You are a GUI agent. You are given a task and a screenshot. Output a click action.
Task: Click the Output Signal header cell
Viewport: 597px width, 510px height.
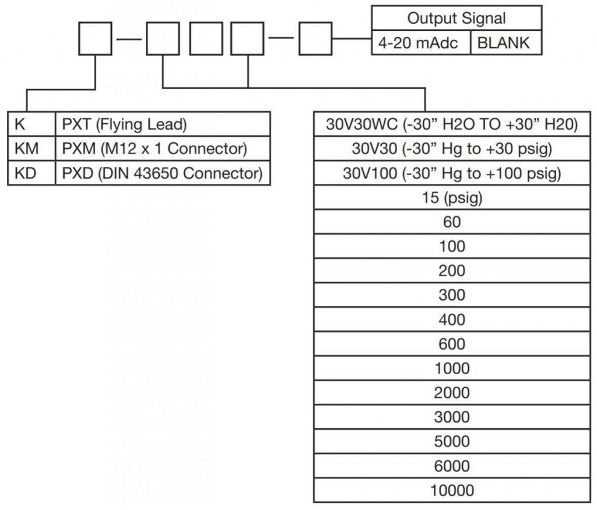(456, 18)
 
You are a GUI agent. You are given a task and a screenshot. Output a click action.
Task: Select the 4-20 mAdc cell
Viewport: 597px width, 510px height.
(421, 43)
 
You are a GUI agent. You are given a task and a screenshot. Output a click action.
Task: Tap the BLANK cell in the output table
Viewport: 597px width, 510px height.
(507, 43)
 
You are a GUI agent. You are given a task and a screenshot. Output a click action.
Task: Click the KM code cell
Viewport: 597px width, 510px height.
(31, 148)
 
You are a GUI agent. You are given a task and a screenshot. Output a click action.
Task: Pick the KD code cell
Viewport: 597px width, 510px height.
(31, 173)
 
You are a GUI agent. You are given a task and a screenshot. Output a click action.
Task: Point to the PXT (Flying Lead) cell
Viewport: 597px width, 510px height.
(163, 124)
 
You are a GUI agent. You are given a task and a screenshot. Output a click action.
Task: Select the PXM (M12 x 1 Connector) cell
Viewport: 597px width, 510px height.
(163, 148)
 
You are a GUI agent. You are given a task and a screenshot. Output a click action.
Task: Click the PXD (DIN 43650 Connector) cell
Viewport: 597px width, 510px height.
(163, 173)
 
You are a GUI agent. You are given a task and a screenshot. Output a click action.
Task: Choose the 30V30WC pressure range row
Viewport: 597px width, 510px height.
(452, 124)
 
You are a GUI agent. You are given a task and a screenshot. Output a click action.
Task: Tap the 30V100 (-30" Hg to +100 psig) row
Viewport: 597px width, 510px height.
(452, 173)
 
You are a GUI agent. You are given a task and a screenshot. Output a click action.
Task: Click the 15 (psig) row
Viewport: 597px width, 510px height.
(452, 197)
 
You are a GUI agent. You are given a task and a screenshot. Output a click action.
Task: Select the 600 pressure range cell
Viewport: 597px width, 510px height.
(452, 344)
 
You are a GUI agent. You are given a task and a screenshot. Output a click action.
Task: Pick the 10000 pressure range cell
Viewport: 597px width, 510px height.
(452, 490)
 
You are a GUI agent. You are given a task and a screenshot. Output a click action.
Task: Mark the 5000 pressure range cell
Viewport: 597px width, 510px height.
(452, 441)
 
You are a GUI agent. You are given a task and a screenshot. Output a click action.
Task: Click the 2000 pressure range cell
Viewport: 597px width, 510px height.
(452, 393)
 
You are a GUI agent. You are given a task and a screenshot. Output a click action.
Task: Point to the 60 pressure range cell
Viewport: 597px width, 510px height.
(452, 222)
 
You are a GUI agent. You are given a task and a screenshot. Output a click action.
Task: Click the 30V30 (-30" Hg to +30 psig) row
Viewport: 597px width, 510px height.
(452, 148)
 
